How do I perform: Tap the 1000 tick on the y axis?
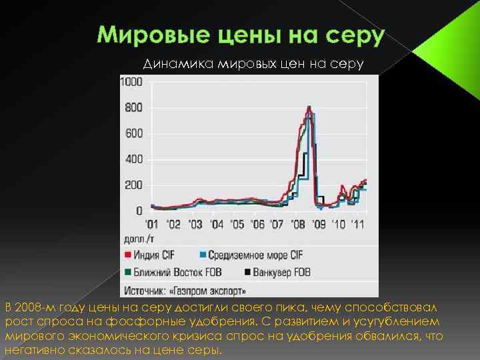131,82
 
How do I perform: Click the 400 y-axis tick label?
134,159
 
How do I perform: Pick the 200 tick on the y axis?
134,185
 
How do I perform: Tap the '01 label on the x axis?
153,224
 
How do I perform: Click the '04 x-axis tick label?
216,224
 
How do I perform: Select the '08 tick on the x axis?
299,224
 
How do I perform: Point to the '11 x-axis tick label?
359,224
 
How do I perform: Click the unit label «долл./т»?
137,238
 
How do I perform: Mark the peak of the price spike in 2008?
309,107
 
